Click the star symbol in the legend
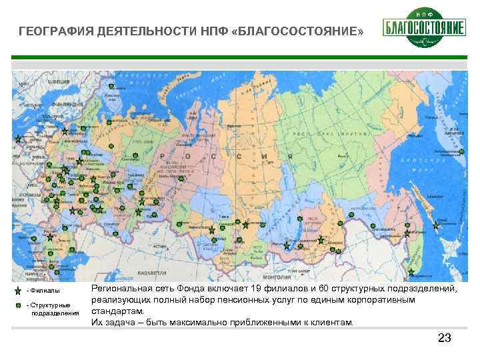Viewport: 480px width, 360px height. [x=17, y=291]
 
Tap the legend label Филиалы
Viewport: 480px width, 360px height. [x=43, y=291]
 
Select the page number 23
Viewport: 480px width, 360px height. [x=444, y=338]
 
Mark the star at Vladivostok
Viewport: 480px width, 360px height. [x=411, y=271]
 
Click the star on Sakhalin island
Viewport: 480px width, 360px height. [x=436, y=225]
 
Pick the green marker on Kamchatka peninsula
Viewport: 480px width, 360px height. [x=461, y=152]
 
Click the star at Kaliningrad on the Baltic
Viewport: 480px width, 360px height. [x=18, y=139]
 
